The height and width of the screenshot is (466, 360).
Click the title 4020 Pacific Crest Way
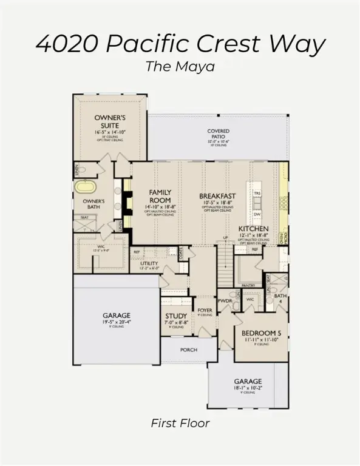[180, 44]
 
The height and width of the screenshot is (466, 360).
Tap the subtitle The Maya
[180, 67]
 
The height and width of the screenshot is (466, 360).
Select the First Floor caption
[180, 424]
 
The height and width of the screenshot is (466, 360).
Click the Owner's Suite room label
[109, 121]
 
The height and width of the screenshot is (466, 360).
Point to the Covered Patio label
[218, 134]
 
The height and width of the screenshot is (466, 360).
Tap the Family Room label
[160, 197]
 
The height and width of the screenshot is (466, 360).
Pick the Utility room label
[149, 264]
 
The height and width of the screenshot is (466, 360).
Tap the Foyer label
[205, 310]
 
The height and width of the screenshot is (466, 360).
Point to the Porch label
[189, 349]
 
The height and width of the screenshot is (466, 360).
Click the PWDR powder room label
[225, 300]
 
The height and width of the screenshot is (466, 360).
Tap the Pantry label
[248, 285]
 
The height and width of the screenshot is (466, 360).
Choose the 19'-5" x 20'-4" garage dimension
[116, 322]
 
